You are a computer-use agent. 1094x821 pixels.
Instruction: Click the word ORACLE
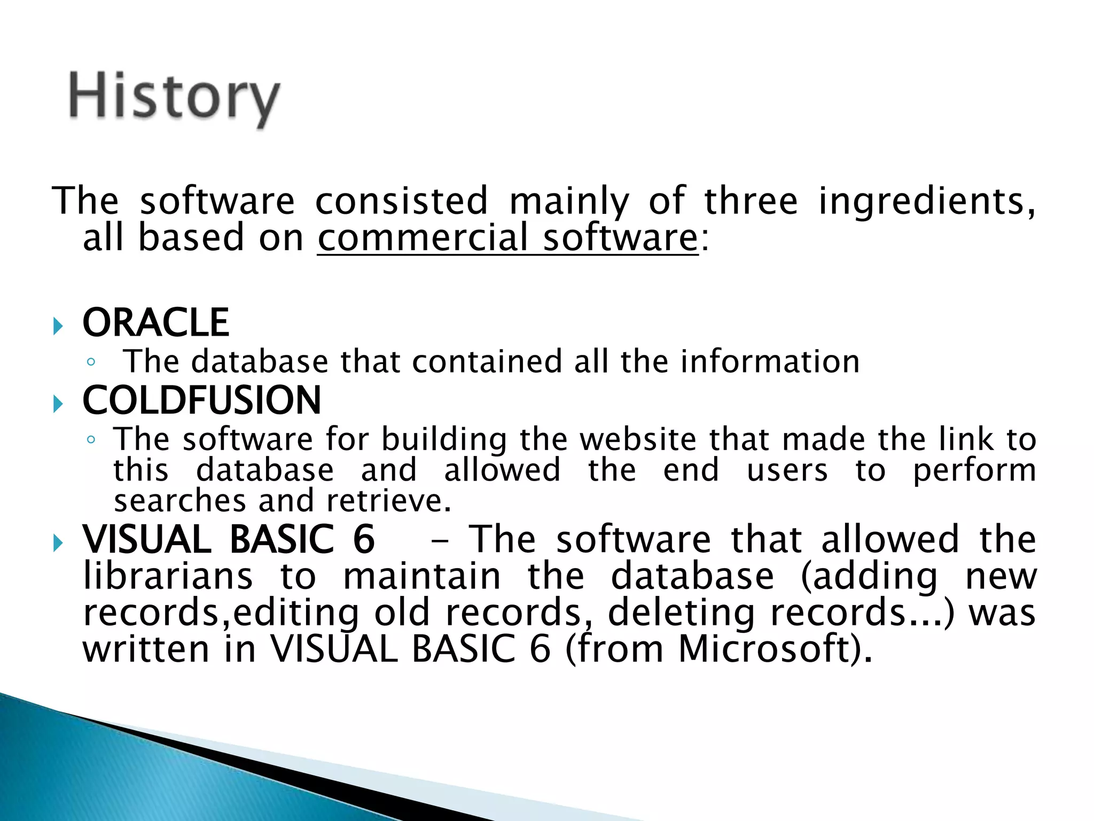click(x=156, y=323)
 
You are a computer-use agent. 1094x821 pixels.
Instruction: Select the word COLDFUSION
click(x=202, y=400)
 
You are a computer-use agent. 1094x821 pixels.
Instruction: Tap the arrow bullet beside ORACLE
click(x=58, y=326)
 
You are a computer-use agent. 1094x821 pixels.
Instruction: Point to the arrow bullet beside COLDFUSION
click(x=58, y=404)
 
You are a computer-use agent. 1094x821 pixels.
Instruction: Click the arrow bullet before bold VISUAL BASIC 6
click(x=58, y=544)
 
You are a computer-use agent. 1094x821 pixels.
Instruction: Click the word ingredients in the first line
click(x=927, y=202)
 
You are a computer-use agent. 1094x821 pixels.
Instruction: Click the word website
click(x=638, y=439)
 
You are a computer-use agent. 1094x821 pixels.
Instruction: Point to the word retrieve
click(x=389, y=501)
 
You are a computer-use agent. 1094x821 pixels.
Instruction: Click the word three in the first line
click(x=751, y=201)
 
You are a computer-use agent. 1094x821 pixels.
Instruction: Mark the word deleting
click(x=682, y=613)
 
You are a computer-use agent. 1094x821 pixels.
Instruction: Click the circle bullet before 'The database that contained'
click(x=91, y=362)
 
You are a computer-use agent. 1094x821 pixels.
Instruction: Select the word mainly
click(x=569, y=202)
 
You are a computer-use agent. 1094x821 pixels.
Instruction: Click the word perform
click(x=974, y=471)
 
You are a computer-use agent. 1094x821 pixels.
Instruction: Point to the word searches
click(x=179, y=501)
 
